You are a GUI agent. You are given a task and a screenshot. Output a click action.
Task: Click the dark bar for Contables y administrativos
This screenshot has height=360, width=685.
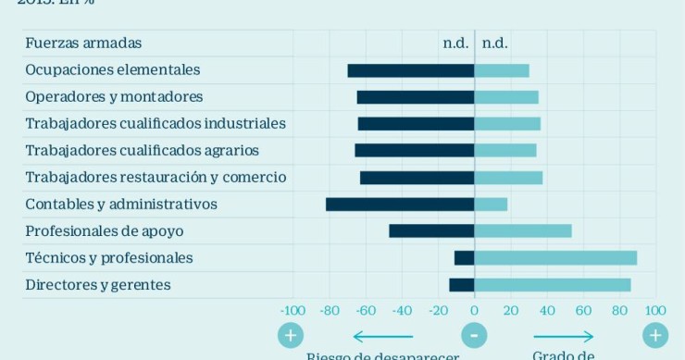400,205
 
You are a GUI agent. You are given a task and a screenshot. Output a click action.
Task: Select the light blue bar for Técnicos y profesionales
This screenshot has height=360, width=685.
555,258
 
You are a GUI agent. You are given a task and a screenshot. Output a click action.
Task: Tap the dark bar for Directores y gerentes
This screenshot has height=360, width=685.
462,285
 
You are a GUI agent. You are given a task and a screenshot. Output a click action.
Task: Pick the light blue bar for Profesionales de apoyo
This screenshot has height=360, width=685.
523,231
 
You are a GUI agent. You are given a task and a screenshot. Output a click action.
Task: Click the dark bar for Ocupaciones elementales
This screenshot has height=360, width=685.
411,70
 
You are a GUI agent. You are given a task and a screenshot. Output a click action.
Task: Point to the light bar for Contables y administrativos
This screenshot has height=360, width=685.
491,205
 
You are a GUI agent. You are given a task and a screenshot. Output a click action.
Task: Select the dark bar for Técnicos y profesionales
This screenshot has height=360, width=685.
465,258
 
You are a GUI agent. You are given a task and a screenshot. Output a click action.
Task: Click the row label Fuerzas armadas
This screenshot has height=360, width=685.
83,43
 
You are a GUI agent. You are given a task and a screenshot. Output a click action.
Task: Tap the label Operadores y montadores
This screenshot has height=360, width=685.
114,97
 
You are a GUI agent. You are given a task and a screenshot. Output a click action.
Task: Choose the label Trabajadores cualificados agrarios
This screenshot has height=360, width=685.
142,151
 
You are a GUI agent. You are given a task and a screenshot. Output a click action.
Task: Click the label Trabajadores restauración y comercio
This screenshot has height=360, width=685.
156,178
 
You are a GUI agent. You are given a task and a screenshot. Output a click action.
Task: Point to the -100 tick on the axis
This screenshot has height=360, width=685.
293,311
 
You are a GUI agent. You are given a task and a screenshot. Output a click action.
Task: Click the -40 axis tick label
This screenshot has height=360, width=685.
402,311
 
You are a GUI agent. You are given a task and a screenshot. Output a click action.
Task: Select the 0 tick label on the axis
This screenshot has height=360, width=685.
474,311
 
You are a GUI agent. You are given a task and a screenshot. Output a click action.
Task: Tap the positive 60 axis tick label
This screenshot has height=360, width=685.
583,311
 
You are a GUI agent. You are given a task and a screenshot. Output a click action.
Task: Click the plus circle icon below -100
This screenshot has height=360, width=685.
291,335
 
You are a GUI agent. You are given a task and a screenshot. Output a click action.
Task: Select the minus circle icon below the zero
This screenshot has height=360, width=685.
474,335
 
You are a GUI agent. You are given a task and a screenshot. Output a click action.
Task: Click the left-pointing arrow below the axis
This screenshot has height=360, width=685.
382,336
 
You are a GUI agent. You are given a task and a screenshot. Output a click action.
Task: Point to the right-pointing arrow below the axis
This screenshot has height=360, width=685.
563,336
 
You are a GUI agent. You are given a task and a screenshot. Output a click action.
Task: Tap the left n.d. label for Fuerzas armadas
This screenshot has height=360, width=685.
455,43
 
